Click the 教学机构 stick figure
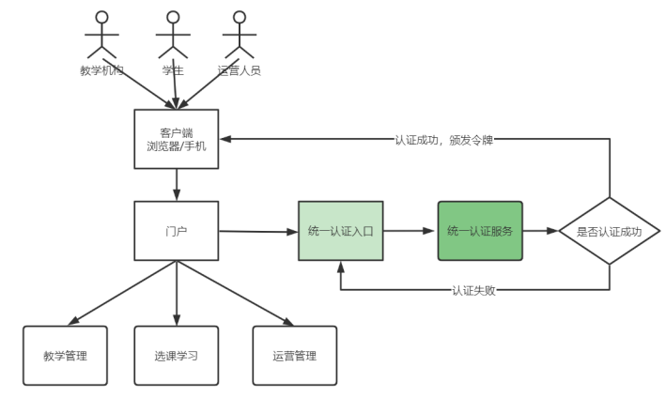pyautogui.click(x=101, y=35)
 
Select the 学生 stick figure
pyautogui.click(x=172, y=35)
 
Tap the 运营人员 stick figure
pyautogui.click(x=239, y=35)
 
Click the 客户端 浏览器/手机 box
pyautogui.click(x=177, y=138)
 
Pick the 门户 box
pyautogui.click(x=177, y=231)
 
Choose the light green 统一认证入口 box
pyautogui.click(x=340, y=231)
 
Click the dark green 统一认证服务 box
pyautogui.click(x=479, y=231)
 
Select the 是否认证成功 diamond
pyautogui.click(x=610, y=231)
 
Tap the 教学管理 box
pyautogui.click(x=66, y=357)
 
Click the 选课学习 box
pyautogui.click(x=177, y=357)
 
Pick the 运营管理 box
pyautogui.click(x=294, y=357)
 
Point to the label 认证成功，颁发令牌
pyautogui.click(x=443, y=140)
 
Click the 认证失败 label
pyautogui.click(x=473, y=290)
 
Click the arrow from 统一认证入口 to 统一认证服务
pyautogui.click(x=410, y=231)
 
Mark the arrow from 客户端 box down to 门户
pyautogui.click(x=177, y=185)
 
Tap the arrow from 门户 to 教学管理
pyautogui.click(x=122, y=293)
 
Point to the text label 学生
pyautogui.click(x=172, y=71)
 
